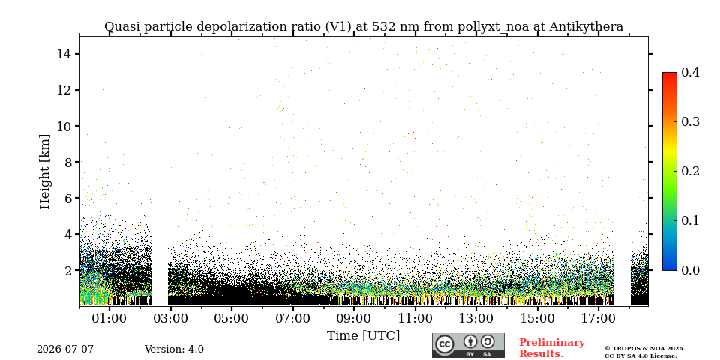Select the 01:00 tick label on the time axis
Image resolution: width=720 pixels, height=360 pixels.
tap(109, 317)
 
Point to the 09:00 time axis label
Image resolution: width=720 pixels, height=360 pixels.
tap(353, 317)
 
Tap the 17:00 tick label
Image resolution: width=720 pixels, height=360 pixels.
tap(598, 317)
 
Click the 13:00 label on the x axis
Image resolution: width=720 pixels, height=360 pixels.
tap(475, 317)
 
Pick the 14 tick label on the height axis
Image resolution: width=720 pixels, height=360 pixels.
tap(63, 54)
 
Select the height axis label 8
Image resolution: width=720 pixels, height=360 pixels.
tap(66, 162)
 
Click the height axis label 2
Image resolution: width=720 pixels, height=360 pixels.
tap(66, 270)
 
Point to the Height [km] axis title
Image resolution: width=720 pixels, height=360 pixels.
tap(44, 172)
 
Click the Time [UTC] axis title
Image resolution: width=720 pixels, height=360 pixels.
tap(363, 336)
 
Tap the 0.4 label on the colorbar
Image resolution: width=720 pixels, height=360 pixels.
tap(690, 72)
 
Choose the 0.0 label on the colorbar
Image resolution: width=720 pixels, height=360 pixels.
tap(690, 270)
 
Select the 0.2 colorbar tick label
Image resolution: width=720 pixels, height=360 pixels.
tap(690, 171)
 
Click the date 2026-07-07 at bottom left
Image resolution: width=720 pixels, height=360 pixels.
tap(65, 349)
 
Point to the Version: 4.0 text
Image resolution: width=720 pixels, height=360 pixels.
tap(174, 349)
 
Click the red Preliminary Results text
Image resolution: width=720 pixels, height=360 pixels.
tap(552, 348)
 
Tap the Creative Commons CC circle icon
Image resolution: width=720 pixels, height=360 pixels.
tap(445, 344)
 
